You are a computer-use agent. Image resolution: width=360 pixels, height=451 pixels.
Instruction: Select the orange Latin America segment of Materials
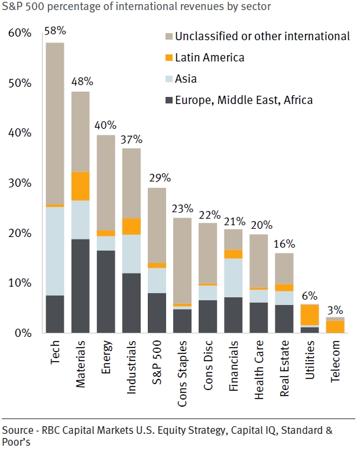pyautogui.click(x=80, y=186)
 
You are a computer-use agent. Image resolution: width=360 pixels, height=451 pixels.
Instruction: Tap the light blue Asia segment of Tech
pyautogui.click(x=55, y=251)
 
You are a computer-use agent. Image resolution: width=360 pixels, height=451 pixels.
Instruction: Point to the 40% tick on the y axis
pyautogui.click(x=19, y=133)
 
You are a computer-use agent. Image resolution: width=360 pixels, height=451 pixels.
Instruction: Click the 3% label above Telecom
pyautogui.click(x=335, y=308)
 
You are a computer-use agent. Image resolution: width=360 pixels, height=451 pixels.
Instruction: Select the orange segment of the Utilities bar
pyautogui.click(x=310, y=314)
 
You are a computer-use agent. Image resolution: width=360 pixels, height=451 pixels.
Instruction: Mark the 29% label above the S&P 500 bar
pyautogui.click(x=157, y=177)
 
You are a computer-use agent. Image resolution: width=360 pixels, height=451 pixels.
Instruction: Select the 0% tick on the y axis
pyautogui.click(x=22, y=333)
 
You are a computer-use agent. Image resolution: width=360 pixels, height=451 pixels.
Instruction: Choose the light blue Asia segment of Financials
pyautogui.click(x=233, y=278)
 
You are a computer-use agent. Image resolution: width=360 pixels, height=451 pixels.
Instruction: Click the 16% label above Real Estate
pyautogui.click(x=284, y=243)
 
